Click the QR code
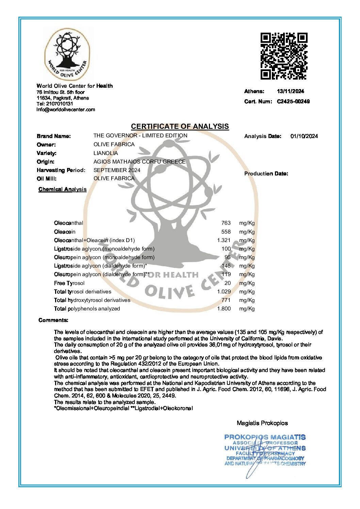point(284,56)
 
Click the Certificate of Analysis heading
point(180,126)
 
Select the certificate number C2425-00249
point(293,101)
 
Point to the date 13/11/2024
point(290,91)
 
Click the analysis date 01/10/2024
point(304,136)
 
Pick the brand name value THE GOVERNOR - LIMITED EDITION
point(140,135)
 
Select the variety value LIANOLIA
point(105,153)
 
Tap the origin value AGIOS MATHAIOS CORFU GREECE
point(140,162)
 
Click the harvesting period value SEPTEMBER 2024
point(117,170)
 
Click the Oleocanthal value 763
point(226,223)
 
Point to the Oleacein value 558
point(226,232)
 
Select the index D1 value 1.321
point(224,240)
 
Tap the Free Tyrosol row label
point(69,283)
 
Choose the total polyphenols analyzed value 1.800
point(224,308)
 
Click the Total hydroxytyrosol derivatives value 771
point(226,300)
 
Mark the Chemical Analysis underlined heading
point(63,189)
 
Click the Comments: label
point(53,320)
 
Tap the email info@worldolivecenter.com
point(66,109)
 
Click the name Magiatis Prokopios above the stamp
point(262,423)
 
